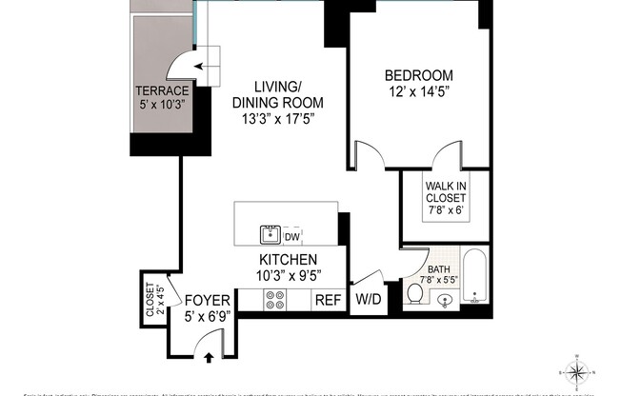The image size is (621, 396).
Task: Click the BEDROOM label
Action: (418, 75)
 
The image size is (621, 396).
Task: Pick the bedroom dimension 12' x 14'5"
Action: (418, 92)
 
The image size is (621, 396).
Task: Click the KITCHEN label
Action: (289, 260)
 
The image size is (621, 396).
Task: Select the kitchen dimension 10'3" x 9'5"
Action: (289, 276)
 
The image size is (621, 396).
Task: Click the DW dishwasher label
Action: (292, 234)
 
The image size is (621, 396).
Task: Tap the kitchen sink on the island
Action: (270, 233)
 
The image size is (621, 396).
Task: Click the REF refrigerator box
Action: (328, 300)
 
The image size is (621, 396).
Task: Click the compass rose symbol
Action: (581, 370)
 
